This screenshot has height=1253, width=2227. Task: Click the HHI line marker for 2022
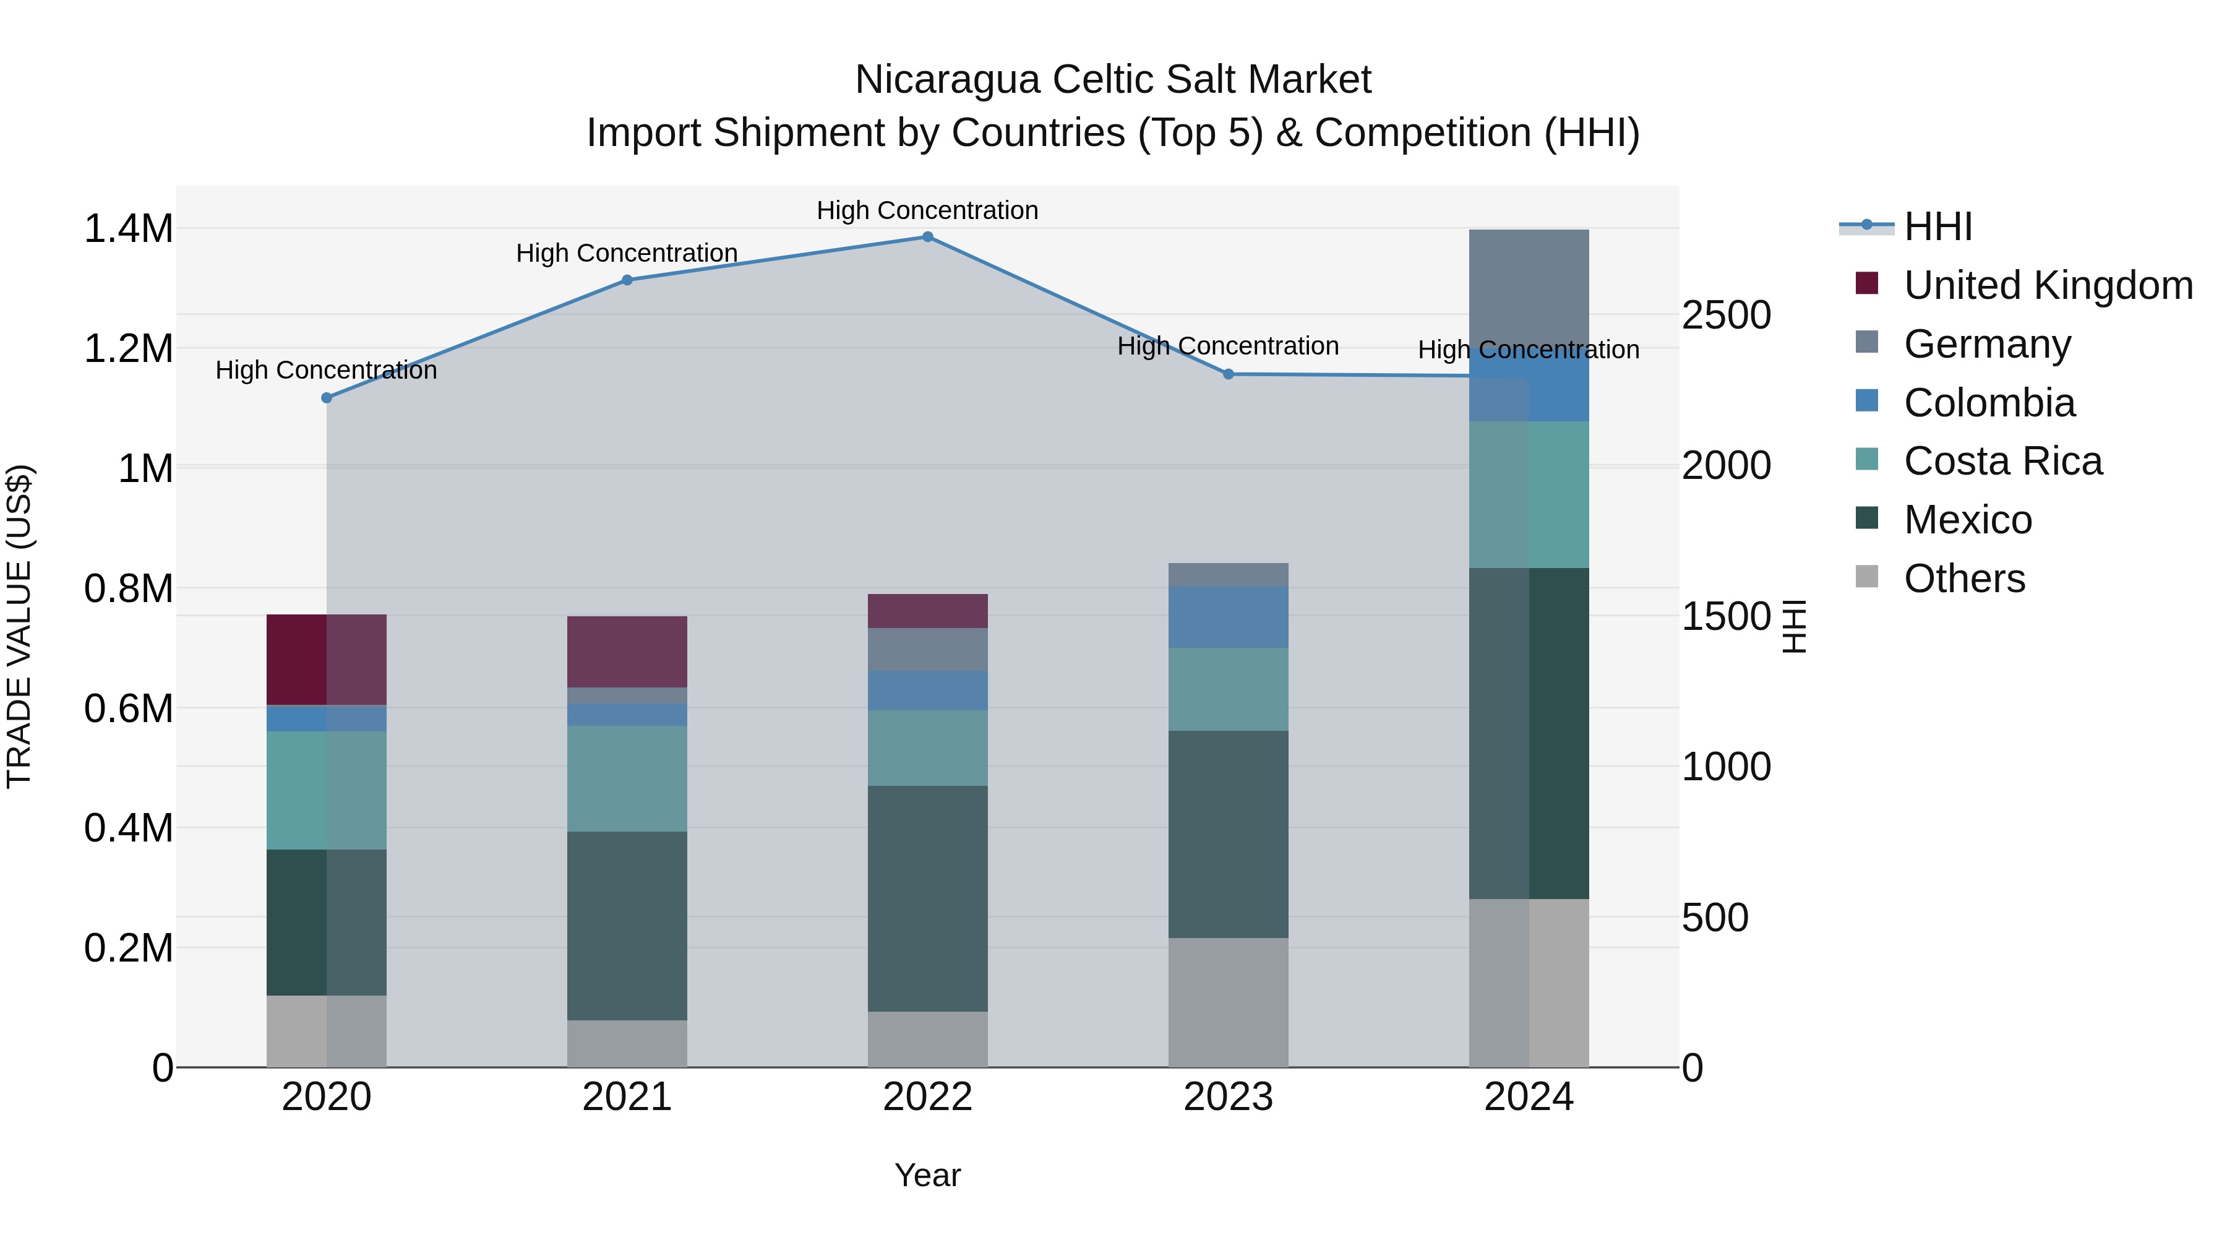point(928,237)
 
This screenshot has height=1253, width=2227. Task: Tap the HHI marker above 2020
point(327,398)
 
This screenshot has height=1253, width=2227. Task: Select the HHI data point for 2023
point(1229,374)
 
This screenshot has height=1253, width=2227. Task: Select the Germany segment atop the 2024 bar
point(1529,285)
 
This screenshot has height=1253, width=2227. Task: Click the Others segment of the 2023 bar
point(1229,1002)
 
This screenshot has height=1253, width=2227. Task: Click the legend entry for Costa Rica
point(2002,461)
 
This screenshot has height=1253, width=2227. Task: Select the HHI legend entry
point(1937,226)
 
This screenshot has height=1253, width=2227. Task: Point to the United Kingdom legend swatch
point(1866,283)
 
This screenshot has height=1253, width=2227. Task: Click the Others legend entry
point(1963,579)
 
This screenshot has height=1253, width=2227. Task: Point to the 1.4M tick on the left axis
point(129,229)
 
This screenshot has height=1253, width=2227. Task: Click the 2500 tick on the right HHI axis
point(1725,315)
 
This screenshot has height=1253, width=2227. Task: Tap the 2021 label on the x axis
point(627,1097)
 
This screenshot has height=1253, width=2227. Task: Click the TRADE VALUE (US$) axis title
point(19,626)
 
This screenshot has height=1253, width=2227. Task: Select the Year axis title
point(928,1175)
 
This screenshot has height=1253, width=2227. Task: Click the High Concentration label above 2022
point(928,210)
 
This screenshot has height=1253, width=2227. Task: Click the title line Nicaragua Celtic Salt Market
point(1113,80)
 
